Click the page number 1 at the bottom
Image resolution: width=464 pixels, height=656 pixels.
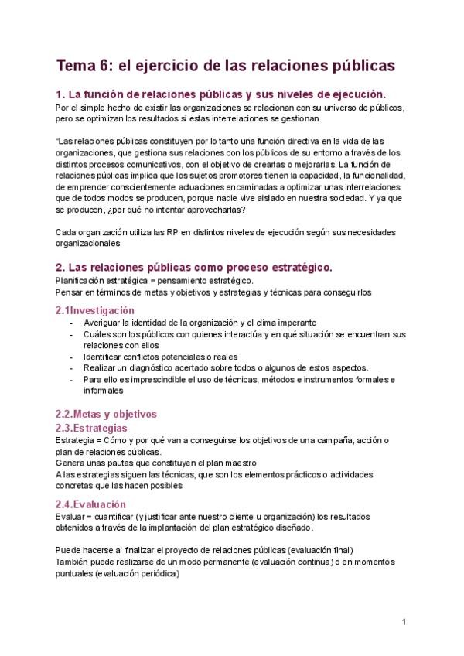[404, 621]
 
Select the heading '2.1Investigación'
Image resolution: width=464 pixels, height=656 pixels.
[101, 310]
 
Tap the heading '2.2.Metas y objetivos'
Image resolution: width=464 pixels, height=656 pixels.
[106, 414]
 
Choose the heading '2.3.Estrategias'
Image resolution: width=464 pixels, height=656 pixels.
[91, 428]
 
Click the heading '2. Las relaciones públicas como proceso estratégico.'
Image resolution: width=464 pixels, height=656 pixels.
[194, 268]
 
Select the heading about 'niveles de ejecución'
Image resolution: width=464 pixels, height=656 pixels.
[220, 94]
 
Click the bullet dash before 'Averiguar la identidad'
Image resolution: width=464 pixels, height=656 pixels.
[72, 323]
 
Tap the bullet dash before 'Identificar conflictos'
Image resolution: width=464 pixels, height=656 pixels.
[72, 357]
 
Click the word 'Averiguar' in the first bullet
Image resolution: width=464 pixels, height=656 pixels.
[104, 323]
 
